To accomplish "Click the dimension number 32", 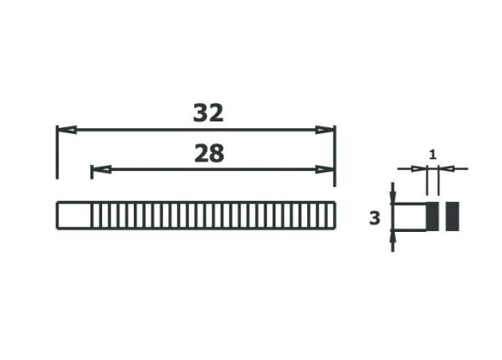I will tap(208, 113).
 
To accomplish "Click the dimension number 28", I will tap(208, 153).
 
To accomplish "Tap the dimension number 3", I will tap(375, 219).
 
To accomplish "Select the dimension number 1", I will tap(432, 154).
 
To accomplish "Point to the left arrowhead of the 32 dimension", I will tap(66, 130).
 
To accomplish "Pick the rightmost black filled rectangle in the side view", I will tap(452, 217).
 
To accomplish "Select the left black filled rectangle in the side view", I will tap(433, 217).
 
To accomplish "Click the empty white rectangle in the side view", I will tap(410, 217).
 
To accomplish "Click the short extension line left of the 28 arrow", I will tap(90, 172).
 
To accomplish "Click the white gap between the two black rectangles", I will tap(442, 217).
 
